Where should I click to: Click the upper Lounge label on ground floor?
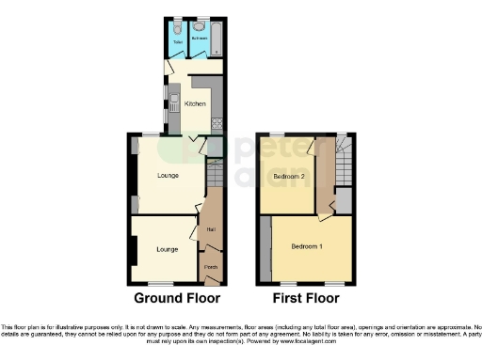coord(168,175)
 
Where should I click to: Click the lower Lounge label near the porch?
coord(168,249)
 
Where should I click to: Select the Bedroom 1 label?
coord(307,246)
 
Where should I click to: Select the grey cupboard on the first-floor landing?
coord(345,200)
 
